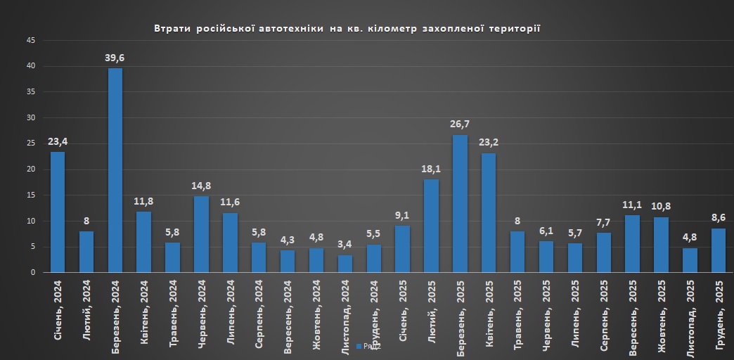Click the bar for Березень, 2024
(x=115, y=170)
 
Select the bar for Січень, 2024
(x=58, y=212)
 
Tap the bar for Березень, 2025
(x=460, y=203)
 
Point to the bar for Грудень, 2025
(x=718, y=250)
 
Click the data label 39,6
(x=115, y=58)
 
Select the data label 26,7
(x=460, y=124)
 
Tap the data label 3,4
(x=345, y=244)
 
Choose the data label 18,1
(x=431, y=169)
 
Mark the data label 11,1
(x=632, y=205)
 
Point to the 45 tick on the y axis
(x=31, y=41)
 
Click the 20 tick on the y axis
(x=31, y=169)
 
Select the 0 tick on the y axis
(x=33, y=273)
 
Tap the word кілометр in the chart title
(x=392, y=29)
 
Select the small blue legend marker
(x=359, y=346)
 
